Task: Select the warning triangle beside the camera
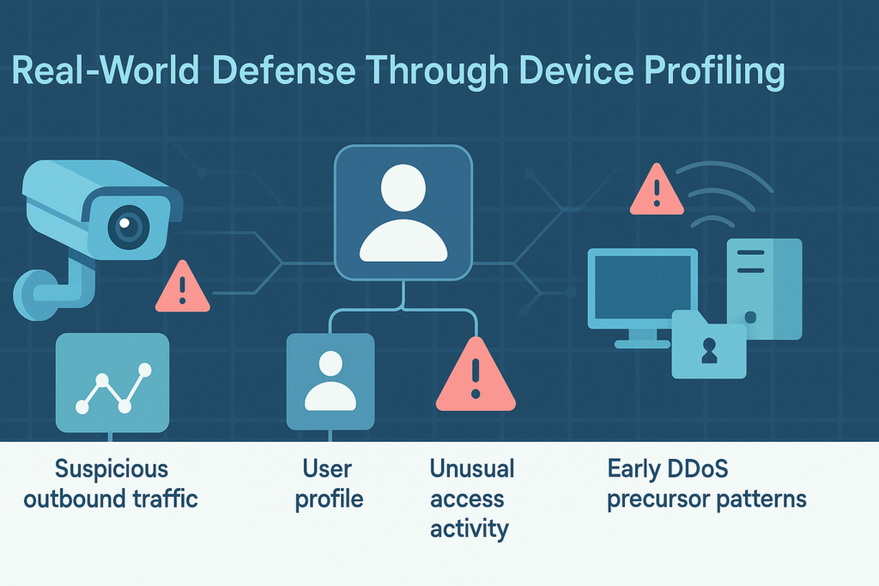click(182, 288)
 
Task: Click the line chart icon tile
click(112, 381)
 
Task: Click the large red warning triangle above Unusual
click(476, 378)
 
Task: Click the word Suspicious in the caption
click(112, 469)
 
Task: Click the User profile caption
click(329, 484)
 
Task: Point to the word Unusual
click(471, 468)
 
